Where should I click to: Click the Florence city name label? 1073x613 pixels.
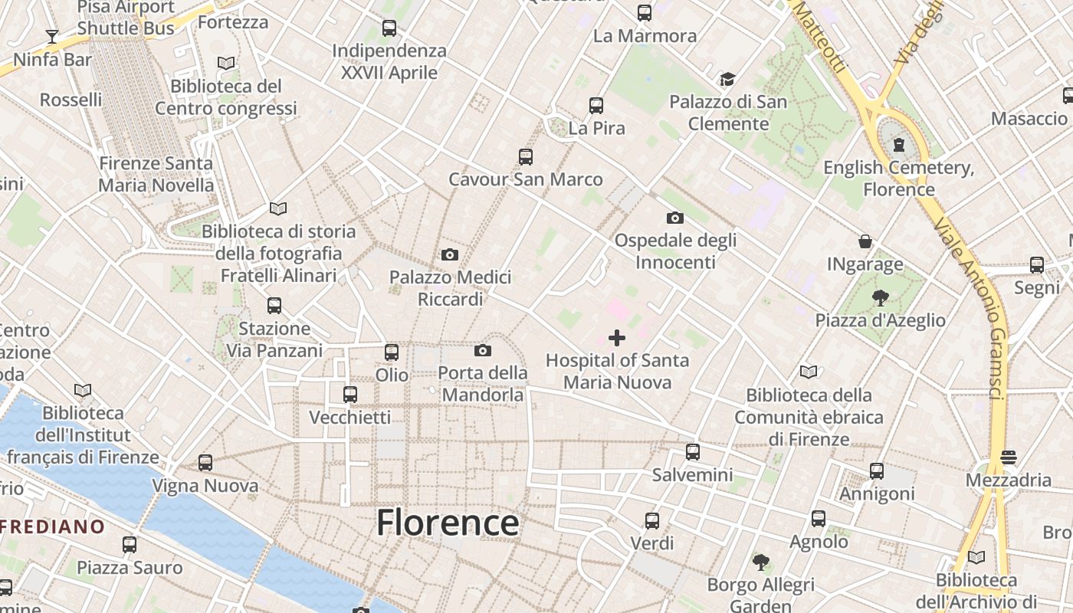click(x=448, y=523)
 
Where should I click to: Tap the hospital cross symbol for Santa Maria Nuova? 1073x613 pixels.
click(x=617, y=338)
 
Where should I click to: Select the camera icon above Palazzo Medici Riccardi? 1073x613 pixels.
click(x=450, y=254)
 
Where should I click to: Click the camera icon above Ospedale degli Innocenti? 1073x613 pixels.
click(x=675, y=218)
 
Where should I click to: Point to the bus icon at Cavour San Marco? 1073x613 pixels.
click(x=526, y=157)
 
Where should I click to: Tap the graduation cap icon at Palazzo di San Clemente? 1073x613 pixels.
click(x=727, y=79)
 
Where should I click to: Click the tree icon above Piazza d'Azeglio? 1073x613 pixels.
click(x=881, y=298)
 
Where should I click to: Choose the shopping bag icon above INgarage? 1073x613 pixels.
click(x=865, y=241)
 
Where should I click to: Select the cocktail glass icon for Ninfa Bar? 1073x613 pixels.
click(x=52, y=36)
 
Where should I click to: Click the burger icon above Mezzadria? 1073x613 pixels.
click(x=1009, y=458)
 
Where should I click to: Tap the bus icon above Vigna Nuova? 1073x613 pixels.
click(x=205, y=463)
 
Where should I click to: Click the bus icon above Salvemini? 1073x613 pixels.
click(x=693, y=452)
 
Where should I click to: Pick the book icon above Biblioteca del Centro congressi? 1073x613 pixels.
click(x=226, y=63)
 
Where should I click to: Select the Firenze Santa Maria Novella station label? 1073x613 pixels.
click(x=156, y=174)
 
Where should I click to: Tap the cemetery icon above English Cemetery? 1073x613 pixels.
click(x=899, y=145)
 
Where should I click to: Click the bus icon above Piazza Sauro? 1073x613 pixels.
click(x=130, y=545)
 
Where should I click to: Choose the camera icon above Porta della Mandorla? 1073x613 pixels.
click(x=483, y=350)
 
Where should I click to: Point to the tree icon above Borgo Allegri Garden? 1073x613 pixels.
click(x=761, y=562)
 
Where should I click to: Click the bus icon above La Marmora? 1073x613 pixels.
click(x=645, y=13)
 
